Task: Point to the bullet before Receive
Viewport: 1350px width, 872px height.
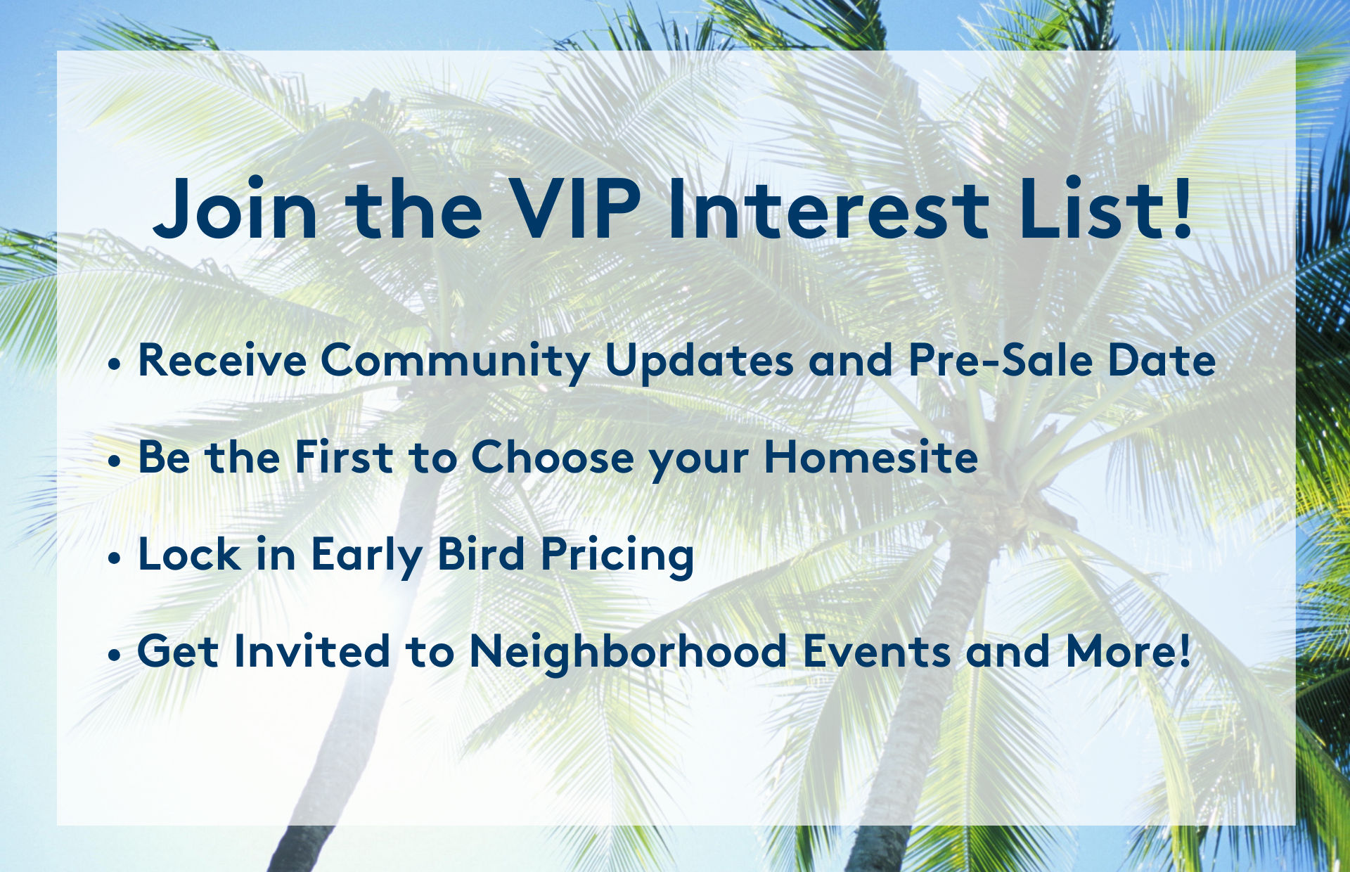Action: [115, 365]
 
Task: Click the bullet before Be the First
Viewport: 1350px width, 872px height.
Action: [115, 462]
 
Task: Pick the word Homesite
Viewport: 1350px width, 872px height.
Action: [871, 457]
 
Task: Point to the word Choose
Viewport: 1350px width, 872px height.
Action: [553, 457]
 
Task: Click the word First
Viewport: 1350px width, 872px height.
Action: [344, 457]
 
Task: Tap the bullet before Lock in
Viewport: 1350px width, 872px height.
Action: [115, 559]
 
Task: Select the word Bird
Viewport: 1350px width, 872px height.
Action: [482, 554]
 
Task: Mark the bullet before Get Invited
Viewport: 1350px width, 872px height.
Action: [115, 656]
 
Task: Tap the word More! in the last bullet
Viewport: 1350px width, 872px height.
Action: [1129, 651]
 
